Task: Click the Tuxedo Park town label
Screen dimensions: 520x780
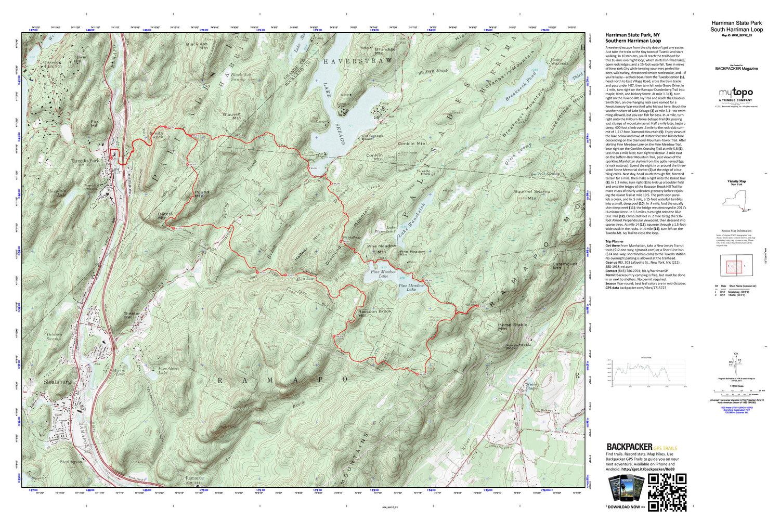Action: point(85,161)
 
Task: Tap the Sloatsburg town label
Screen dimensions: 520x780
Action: point(57,382)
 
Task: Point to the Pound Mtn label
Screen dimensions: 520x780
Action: point(202,194)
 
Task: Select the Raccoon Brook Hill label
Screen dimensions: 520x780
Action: point(374,314)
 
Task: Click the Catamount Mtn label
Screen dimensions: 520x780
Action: point(565,266)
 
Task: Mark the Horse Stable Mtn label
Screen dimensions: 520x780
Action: point(512,327)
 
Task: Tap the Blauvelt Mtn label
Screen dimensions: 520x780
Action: point(232,116)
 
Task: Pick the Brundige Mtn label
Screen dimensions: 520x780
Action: point(385,51)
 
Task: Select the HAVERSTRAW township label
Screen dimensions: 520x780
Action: point(359,61)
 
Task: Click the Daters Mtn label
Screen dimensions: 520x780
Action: point(165,216)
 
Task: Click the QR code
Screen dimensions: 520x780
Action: point(667,492)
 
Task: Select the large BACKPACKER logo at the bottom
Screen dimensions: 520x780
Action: point(629,447)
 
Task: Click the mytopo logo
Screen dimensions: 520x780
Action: point(735,93)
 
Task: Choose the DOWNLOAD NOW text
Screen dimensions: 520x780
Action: point(626,507)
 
